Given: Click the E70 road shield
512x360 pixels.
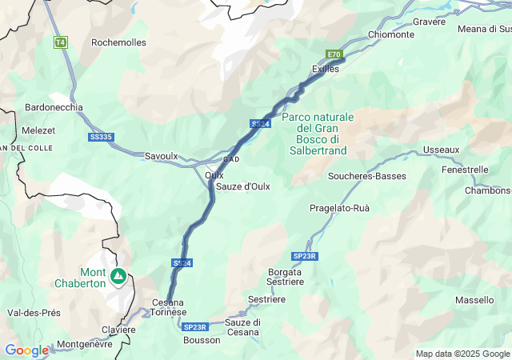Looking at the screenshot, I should tap(334, 54).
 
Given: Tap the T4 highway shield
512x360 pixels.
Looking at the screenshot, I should tap(60, 42).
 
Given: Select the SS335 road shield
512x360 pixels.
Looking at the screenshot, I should tap(101, 137).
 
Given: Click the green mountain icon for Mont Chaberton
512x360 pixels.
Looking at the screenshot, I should tap(118, 277).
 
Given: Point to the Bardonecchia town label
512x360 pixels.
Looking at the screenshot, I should tap(54, 107).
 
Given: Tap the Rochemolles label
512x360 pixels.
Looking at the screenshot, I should tap(118, 42).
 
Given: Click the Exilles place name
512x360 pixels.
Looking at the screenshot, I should tap(326, 69).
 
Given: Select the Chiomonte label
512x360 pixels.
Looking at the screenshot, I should tap(391, 35).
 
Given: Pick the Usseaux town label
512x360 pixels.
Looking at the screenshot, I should tap(442, 150).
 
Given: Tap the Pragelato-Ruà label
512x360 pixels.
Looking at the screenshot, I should tap(339, 208).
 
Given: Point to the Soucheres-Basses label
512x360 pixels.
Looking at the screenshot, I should tap(367, 176).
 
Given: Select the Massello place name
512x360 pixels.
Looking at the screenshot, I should tap(474, 300).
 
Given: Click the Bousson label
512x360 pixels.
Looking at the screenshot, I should tap(202, 340).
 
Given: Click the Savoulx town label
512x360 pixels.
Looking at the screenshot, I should tap(161, 156).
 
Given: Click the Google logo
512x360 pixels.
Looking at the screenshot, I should tap(27, 350).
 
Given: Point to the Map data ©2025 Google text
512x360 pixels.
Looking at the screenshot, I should tap(462, 354).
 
